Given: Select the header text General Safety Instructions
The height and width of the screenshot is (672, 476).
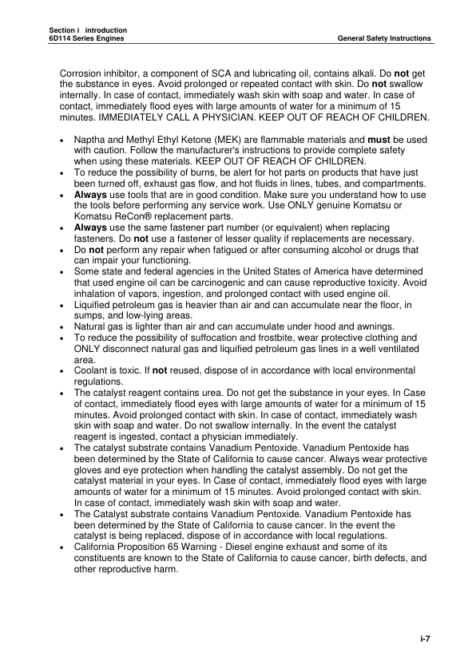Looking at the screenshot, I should pyautogui.click(x=384, y=38).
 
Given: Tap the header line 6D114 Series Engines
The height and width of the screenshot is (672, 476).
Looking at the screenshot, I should pyautogui.click(x=82, y=38).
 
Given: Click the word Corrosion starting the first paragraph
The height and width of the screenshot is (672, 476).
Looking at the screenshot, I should pyautogui.click(x=83, y=74).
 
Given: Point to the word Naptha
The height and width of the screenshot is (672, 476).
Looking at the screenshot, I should pyautogui.click(x=89, y=140).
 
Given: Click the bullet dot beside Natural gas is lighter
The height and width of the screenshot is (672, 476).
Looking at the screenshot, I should pyautogui.click(x=63, y=328).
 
